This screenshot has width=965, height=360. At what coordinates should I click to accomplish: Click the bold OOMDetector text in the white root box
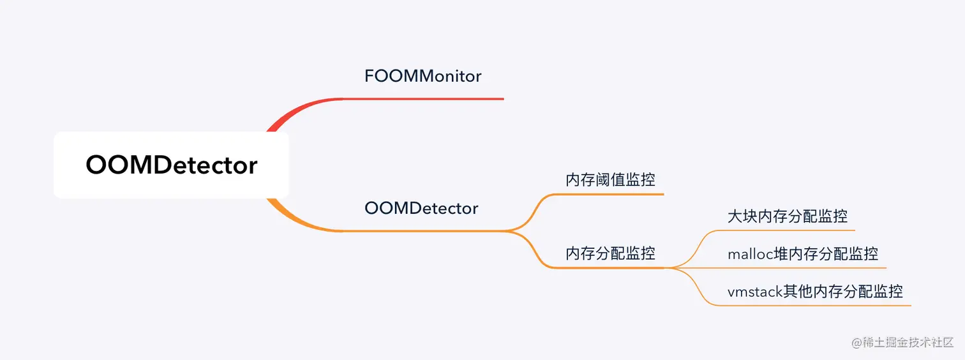pyautogui.click(x=171, y=165)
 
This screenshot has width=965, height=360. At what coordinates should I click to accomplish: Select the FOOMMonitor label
pyautogui.click(x=423, y=77)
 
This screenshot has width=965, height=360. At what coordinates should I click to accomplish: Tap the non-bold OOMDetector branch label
pyautogui.click(x=421, y=208)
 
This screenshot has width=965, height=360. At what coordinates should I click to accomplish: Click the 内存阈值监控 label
pyautogui.click(x=610, y=180)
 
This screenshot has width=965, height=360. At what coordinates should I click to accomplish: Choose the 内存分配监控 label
pyautogui.click(x=610, y=253)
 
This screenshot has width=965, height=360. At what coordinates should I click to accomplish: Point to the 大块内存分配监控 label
pyautogui.click(x=788, y=216)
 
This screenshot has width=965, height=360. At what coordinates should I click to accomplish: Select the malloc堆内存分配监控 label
pyautogui.click(x=803, y=254)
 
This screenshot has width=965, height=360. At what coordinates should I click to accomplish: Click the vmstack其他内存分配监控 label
pyautogui.click(x=815, y=292)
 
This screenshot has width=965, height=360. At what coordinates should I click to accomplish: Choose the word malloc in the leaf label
pyautogui.click(x=751, y=254)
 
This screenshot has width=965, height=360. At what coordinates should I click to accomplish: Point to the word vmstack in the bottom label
pyautogui.click(x=755, y=292)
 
